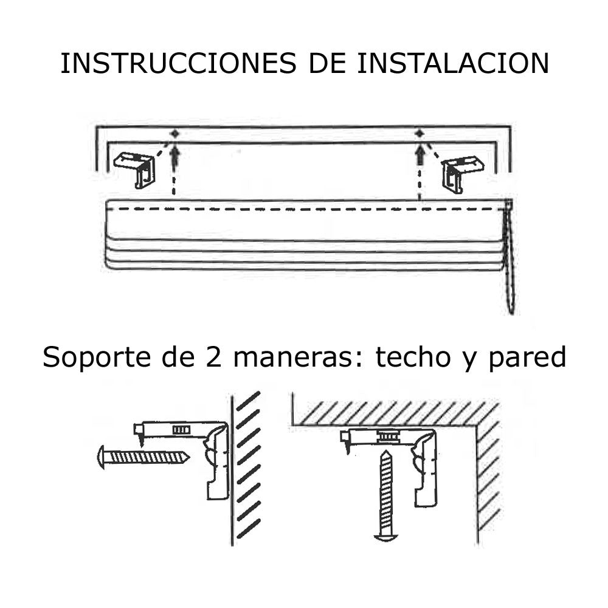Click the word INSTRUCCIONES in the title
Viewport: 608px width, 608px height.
(178, 63)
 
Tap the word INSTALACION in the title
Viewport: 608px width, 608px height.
(452, 63)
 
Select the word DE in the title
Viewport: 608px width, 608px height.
(326, 63)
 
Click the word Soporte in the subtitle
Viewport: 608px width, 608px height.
(96, 357)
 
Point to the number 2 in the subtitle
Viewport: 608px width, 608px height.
(213, 357)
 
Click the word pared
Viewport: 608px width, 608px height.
(527, 357)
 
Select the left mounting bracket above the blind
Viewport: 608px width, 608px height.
(136, 170)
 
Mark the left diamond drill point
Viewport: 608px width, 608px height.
(175, 134)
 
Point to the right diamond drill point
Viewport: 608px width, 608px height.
(419, 134)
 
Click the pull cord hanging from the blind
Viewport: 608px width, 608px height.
(509, 256)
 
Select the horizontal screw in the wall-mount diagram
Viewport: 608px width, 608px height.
(143, 457)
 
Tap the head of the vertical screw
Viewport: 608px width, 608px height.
(386, 537)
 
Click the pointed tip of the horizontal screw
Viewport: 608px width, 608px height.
(189, 457)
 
